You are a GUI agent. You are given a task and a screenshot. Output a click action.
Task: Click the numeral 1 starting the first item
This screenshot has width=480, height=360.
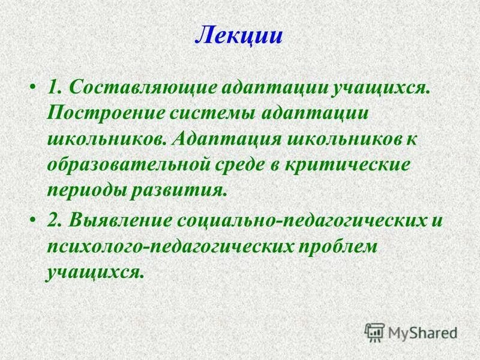53,87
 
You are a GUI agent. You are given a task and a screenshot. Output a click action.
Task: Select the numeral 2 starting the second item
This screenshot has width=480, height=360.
53,220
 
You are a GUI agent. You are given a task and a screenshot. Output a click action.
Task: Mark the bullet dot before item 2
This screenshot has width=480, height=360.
32,221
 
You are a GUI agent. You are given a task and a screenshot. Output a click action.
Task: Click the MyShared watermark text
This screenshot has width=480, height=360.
422,331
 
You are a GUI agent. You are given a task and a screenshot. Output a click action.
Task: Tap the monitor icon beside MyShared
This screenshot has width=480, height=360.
375,332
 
